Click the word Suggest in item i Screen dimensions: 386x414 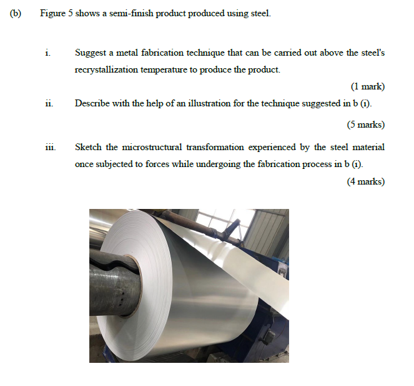(x=90, y=53)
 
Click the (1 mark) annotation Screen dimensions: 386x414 (x=367, y=86)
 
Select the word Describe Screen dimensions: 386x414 (x=92, y=103)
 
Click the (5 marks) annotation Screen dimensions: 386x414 (x=365, y=124)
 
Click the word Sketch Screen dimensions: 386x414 (x=88, y=147)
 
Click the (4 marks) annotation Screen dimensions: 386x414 (x=365, y=181)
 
